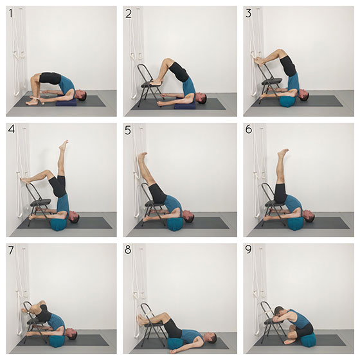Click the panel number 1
10,14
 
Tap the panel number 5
128,130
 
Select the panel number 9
248,250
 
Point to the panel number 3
248,14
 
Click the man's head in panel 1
81,95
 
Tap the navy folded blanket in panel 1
66,102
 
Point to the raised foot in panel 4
64,145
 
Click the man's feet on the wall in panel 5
142,156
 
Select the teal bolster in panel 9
307,339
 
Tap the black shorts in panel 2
179,71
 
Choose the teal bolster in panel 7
57,341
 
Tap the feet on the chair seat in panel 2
156,82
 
